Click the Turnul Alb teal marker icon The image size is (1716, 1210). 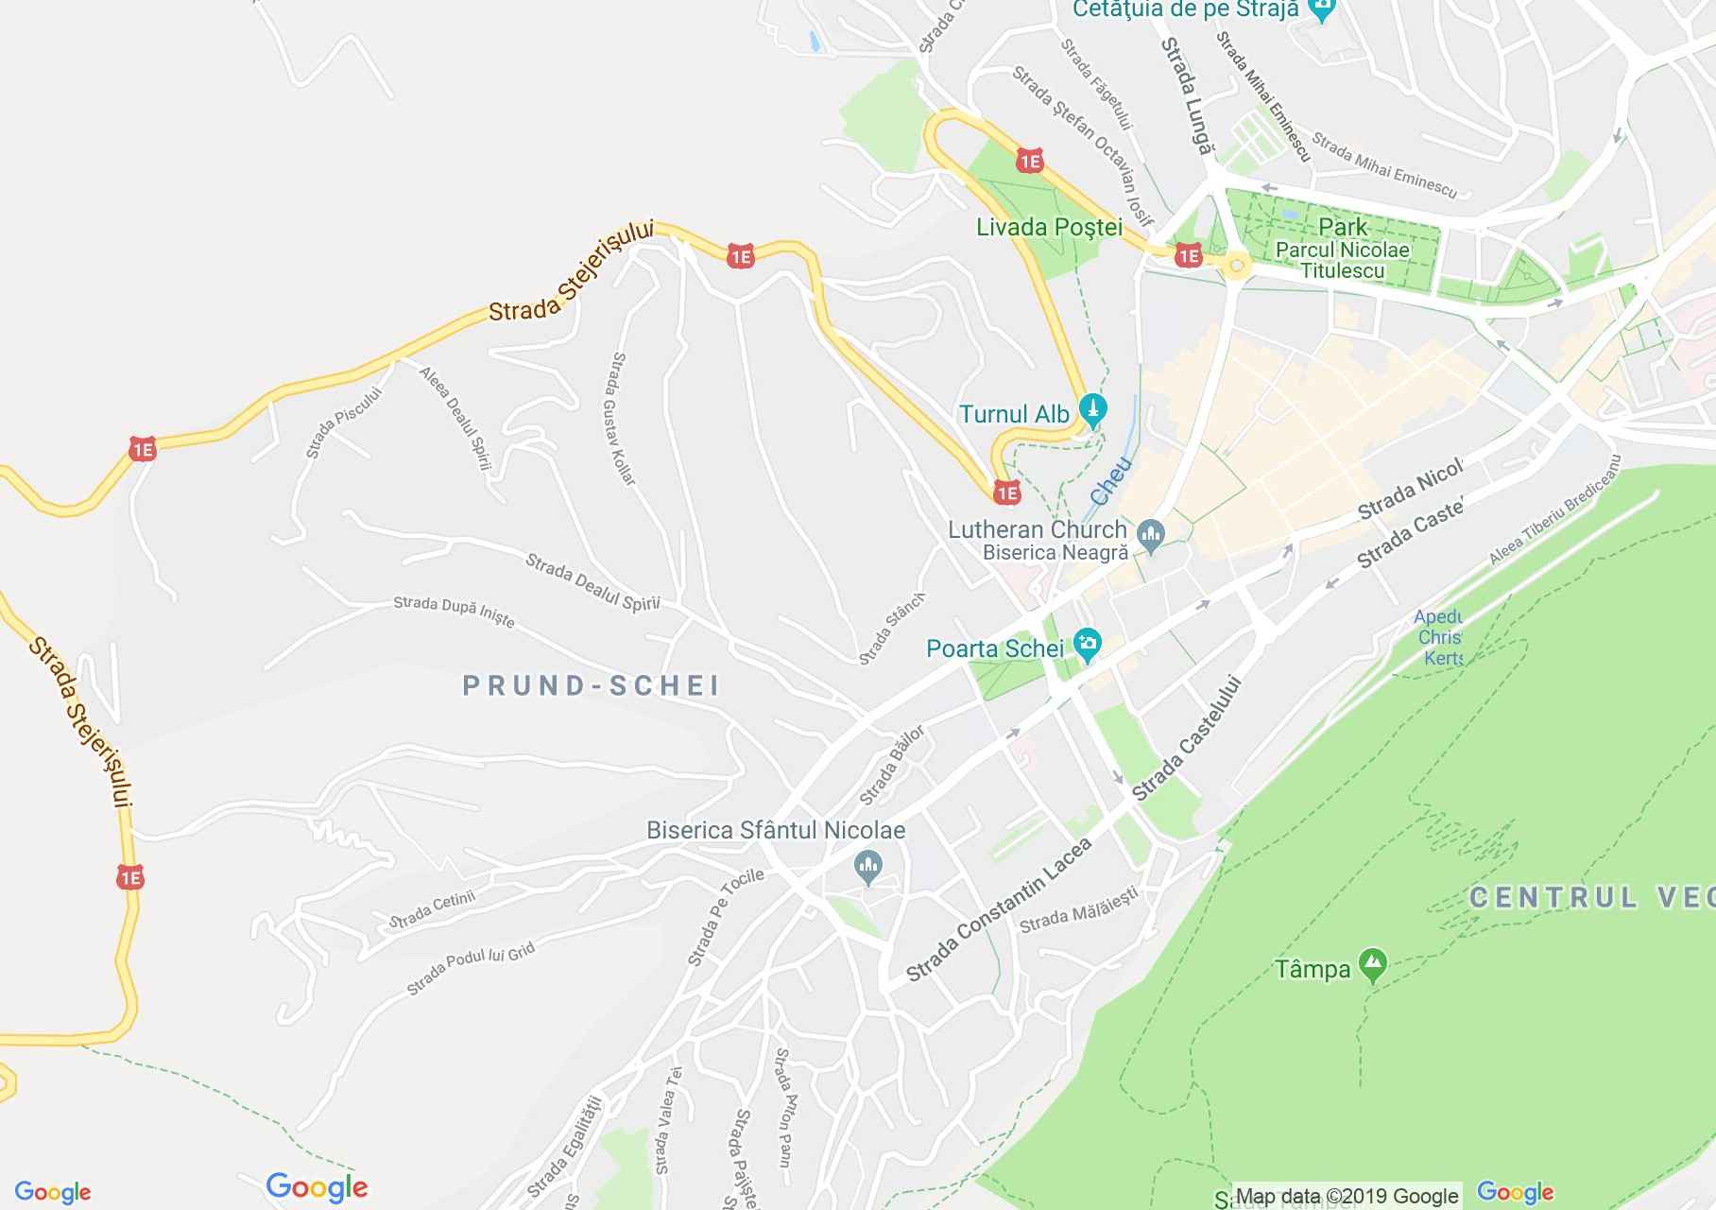1093,411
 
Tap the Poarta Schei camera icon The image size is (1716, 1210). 1089,646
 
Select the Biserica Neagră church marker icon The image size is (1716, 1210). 1150,536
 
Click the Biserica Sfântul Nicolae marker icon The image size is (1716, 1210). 867,864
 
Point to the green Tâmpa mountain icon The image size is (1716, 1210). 1372,965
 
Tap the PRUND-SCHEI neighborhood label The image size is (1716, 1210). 592,685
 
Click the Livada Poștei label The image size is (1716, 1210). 1049,228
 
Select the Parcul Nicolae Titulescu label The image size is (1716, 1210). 1342,260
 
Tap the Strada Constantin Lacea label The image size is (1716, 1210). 999,909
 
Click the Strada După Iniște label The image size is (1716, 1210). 454,611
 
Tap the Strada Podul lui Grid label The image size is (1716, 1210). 471,968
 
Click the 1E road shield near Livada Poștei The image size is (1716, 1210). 1029,162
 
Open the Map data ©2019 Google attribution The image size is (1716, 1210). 1347,1196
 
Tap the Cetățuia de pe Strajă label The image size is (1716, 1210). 1186,11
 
